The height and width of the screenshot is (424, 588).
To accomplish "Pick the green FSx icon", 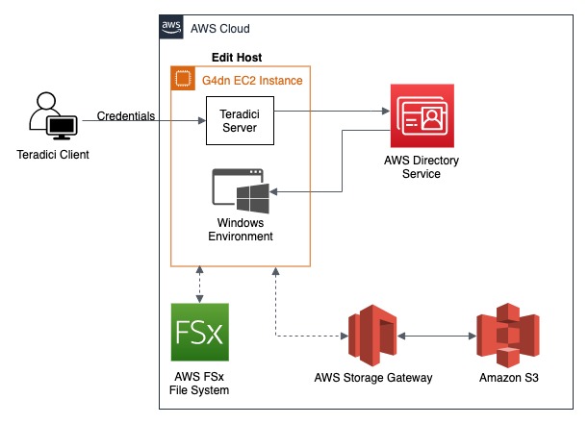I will [199, 333].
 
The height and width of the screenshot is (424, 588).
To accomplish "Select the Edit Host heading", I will [237, 58].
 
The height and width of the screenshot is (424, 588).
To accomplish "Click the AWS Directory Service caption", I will [422, 167].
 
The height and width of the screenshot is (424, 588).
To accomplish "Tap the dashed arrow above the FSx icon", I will [198, 283].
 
